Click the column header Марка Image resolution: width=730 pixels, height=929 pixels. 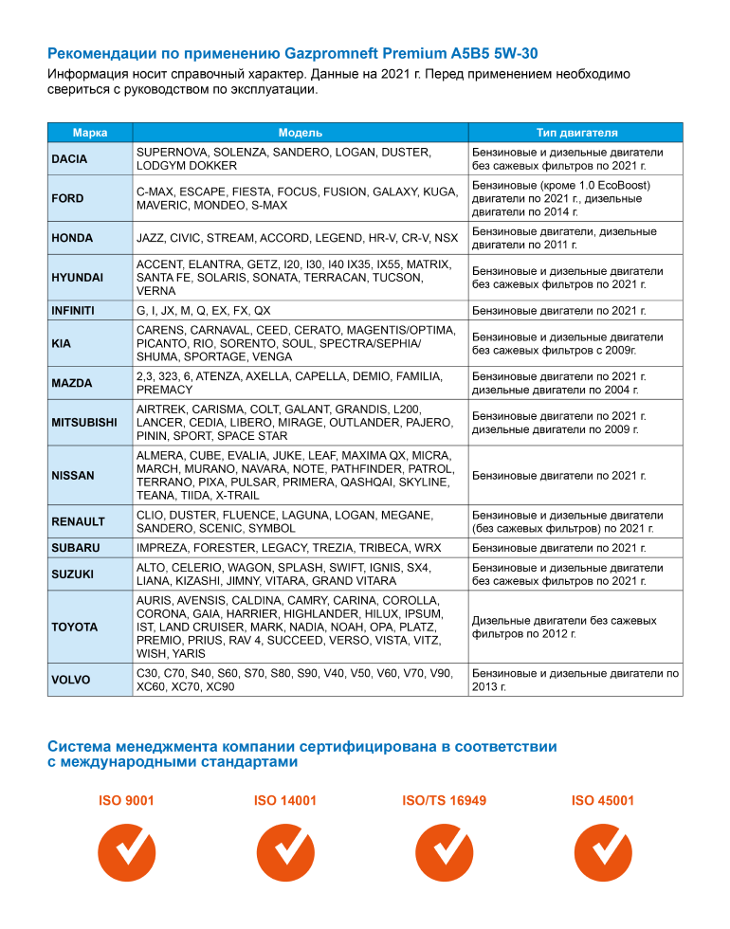[x=90, y=133]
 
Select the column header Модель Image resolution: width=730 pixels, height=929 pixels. [x=300, y=133]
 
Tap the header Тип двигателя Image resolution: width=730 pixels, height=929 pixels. [x=575, y=133]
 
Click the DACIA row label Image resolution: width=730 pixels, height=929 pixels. [x=69, y=159]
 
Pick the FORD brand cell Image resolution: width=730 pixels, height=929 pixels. [x=67, y=199]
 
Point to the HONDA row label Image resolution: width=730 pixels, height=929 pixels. [x=71, y=239]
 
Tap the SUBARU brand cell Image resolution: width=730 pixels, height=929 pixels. [x=75, y=549]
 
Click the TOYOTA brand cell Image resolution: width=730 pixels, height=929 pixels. [x=74, y=628]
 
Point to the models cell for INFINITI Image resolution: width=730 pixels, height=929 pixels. [x=204, y=311]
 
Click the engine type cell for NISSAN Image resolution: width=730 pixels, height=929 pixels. [x=558, y=476]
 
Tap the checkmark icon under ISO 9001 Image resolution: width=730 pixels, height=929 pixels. [x=126, y=852]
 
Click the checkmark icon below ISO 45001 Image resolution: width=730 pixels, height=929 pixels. [x=603, y=852]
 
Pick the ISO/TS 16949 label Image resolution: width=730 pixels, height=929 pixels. [x=445, y=801]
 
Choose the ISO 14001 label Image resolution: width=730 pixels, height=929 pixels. [x=285, y=801]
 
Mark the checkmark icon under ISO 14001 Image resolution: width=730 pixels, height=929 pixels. [x=285, y=852]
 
